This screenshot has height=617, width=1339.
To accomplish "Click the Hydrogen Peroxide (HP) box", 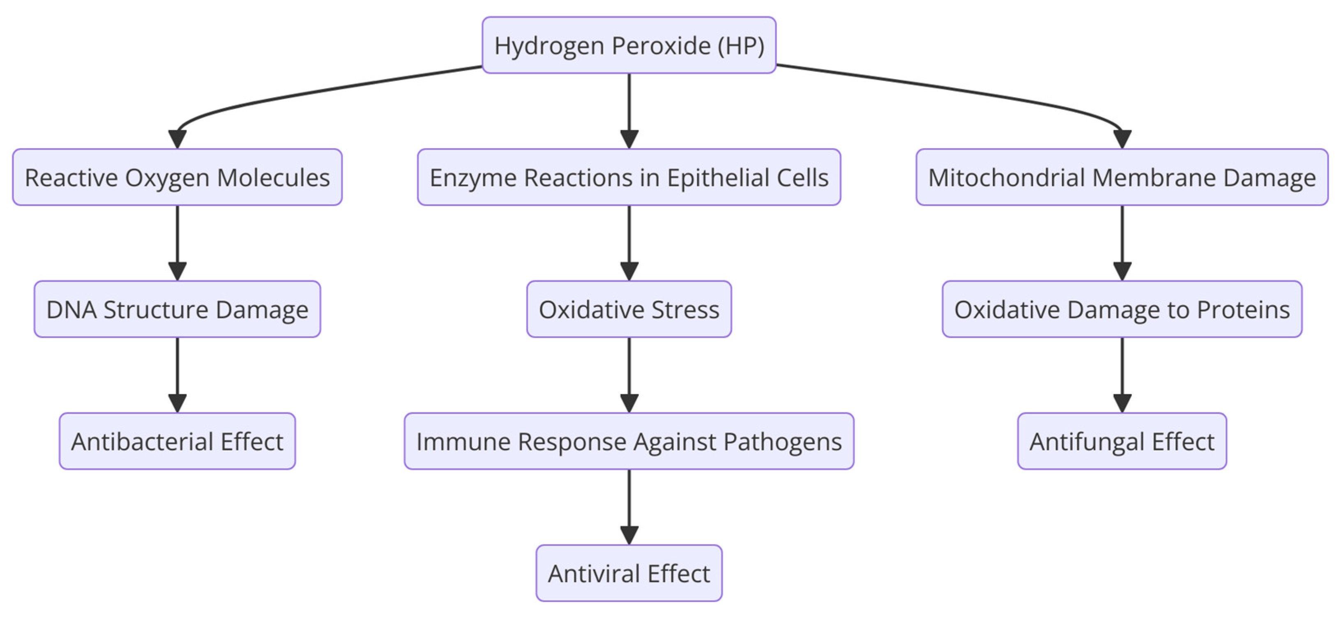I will (629, 45).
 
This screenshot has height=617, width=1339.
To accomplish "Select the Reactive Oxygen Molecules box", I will (177, 177).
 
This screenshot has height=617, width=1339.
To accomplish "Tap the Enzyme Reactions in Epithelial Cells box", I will (629, 177).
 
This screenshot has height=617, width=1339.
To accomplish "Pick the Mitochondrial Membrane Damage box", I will (1122, 177).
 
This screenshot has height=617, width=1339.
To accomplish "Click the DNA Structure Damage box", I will (177, 309).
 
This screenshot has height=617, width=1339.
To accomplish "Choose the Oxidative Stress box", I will (629, 309).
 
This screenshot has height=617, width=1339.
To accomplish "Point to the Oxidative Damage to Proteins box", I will (1122, 309).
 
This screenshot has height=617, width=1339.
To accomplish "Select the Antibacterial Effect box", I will (177, 441).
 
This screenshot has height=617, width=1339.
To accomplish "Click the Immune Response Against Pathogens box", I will (629, 441).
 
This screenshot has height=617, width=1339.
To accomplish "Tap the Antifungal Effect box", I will (1122, 441).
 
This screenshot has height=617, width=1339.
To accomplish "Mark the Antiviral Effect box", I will (629, 573).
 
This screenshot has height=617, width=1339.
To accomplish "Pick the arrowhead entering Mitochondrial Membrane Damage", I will (1122, 139).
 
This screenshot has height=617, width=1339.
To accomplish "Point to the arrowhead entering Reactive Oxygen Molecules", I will (177, 139).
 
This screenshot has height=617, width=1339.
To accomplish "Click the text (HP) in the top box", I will (741, 46).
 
